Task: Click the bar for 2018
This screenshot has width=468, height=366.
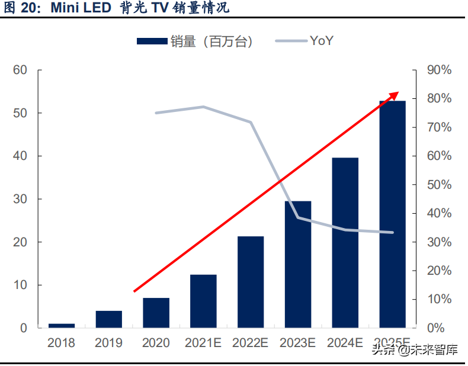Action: (x=62, y=325)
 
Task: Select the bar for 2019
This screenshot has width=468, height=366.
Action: (x=109, y=319)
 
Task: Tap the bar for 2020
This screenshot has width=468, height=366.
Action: (x=156, y=313)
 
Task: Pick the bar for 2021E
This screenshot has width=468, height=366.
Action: (x=203, y=301)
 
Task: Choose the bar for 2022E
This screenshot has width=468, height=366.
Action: (x=251, y=282)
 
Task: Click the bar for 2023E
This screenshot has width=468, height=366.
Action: (x=298, y=264)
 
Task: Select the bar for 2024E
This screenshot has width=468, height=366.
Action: (x=345, y=243)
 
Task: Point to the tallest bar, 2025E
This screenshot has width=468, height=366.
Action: (x=392, y=214)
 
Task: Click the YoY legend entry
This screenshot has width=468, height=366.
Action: (x=308, y=41)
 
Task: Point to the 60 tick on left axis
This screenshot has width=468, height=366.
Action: (x=20, y=70)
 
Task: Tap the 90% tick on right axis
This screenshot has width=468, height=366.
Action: (x=439, y=70)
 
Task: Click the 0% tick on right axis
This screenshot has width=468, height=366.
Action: (x=436, y=328)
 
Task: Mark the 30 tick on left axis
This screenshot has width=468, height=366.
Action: (x=20, y=199)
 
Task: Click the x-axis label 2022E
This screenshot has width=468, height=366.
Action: (x=251, y=343)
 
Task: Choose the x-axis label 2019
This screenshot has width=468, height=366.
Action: (x=109, y=343)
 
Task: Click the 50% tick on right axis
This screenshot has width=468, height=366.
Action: (x=439, y=185)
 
